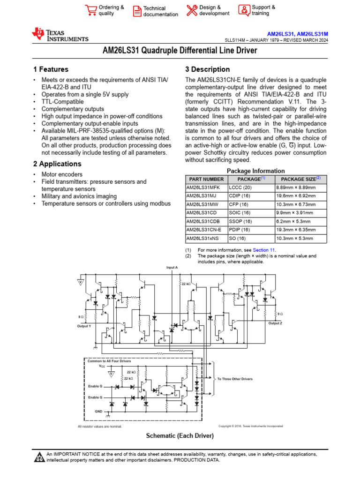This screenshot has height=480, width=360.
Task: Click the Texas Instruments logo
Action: pos(60,34)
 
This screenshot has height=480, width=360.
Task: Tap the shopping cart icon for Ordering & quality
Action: pos(90,10)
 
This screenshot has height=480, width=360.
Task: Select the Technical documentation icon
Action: pos(137,11)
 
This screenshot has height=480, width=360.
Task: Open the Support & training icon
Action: pos(244,10)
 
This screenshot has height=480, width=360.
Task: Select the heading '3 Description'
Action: pos(208,69)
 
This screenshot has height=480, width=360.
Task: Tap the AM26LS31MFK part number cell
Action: pos(202,187)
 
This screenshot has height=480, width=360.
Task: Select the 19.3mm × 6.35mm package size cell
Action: pos(295,230)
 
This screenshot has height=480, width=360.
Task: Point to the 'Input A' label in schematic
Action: pos(172,267)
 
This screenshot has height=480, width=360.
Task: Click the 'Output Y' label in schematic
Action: pos(84,326)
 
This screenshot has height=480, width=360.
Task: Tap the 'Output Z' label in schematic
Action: pos(275,323)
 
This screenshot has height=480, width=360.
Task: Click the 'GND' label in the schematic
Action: pos(98,411)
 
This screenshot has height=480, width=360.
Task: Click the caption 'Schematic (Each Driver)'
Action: pos(180,436)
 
